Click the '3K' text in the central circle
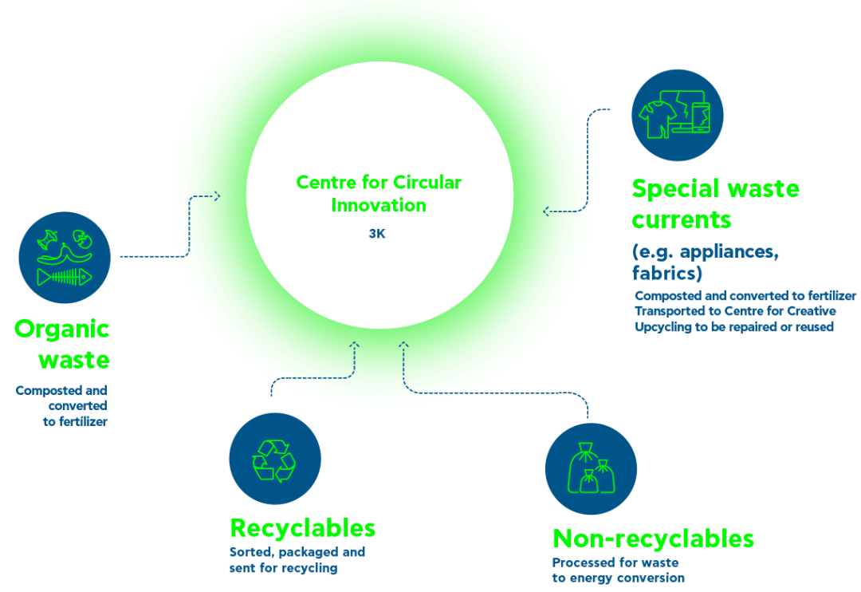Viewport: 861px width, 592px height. pyautogui.click(x=377, y=234)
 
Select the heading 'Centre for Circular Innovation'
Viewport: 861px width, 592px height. pyautogui.click(x=379, y=194)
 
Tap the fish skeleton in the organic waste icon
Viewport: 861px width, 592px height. pyautogui.click(x=65, y=277)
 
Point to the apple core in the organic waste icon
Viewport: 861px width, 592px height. pyautogui.click(x=48, y=241)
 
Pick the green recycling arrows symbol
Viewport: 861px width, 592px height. pyautogui.click(x=274, y=460)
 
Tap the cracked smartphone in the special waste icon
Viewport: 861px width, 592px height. pyautogui.click(x=701, y=117)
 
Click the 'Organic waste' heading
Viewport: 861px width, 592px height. pyautogui.click(x=62, y=344)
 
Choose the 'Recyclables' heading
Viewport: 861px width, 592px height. pyautogui.click(x=303, y=528)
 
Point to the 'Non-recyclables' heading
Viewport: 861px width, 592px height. pyautogui.click(x=653, y=539)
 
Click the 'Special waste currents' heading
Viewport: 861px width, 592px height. pyautogui.click(x=715, y=204)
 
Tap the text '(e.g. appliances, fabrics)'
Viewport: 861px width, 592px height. pyautogui.click(x=705, y=262)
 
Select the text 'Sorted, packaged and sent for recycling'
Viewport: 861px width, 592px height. pyautogui.click(x=297, y=559)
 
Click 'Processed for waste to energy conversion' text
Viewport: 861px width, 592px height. pyautogui.click(x=619, y=570)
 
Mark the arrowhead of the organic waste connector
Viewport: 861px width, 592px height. pyautogui.click(x=218, y=195)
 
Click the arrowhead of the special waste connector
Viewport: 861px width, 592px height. pyautogui.click(x=546, y=211)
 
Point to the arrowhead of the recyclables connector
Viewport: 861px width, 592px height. pyautogui.click(x=355, y=345)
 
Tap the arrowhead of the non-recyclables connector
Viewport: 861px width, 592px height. pyautogui.click(x=403, y=345)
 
